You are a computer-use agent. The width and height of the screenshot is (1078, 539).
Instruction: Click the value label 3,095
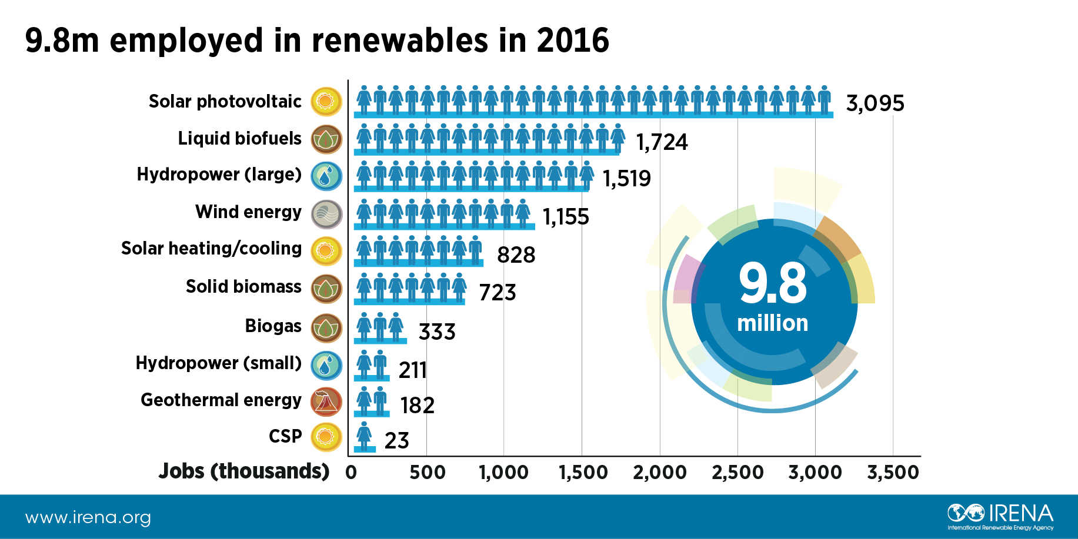point(875,103)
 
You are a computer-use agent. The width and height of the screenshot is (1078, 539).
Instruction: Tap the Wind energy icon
point(326,214)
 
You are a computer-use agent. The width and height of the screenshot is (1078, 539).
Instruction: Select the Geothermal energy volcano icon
point(326,401)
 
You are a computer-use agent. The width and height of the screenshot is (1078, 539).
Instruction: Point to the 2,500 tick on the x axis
point(737,472)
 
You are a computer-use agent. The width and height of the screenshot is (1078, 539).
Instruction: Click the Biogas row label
point(273,326)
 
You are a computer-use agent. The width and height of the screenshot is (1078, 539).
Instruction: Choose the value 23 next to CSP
point(396,440)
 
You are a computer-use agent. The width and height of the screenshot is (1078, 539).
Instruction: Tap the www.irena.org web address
point(88,518)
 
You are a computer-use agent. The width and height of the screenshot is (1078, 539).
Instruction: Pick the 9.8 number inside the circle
point(773,284)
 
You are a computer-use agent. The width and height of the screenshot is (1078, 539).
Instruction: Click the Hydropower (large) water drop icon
point(326,176)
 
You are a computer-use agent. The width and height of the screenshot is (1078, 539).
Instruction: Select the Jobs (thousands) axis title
point(243,471)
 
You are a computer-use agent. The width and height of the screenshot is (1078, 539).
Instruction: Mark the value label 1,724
point(662,142)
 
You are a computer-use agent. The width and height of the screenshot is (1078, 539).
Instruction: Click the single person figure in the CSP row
point(365,436)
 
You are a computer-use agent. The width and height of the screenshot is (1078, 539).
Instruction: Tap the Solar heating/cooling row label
point(211,248)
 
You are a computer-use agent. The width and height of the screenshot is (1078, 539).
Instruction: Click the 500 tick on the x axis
point(427,472)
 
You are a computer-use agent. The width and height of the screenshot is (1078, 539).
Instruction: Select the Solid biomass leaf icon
point(326,289)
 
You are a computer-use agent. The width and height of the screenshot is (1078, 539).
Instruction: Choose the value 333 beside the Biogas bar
point(436,332)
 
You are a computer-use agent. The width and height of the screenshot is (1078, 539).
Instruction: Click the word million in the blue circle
point(772,323)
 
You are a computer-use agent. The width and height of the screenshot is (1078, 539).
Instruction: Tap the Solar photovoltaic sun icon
point(326,101)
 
